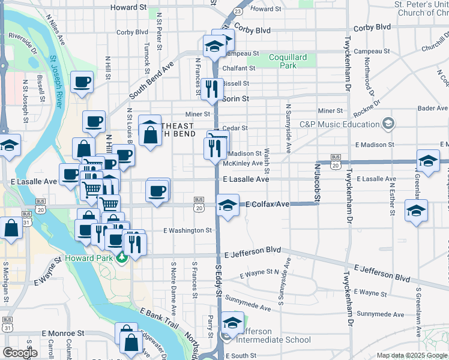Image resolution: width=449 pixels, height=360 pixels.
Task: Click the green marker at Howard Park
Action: (x=122, y=257)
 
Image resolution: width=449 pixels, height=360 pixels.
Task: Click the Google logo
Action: (x=20, y=353)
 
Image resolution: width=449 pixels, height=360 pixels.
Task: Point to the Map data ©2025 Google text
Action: (x=411, y=355)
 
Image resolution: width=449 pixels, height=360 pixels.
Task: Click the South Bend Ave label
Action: (x=151, y=80)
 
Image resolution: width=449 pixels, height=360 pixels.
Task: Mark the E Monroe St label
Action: (x=63, y=333)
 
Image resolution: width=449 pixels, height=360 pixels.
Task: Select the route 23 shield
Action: (x=238, y=11)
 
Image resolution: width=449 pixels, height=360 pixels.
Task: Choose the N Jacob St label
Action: (x=316, y=184)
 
